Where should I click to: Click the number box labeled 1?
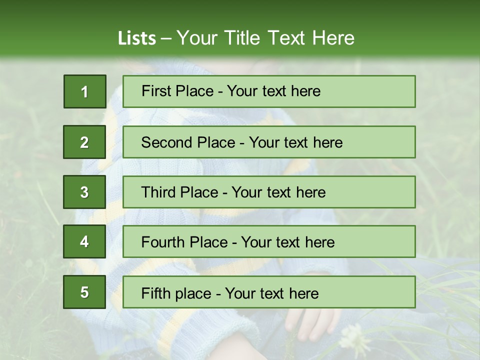tap(84, 91)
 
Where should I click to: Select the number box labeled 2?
tap(84, 142)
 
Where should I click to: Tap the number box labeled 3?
tap(84, 192)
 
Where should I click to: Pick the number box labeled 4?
tap(84, 242)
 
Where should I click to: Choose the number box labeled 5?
tap(84, 292)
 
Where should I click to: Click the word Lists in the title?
tap(137, 38)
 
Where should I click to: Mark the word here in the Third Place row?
tap(310, 192)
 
